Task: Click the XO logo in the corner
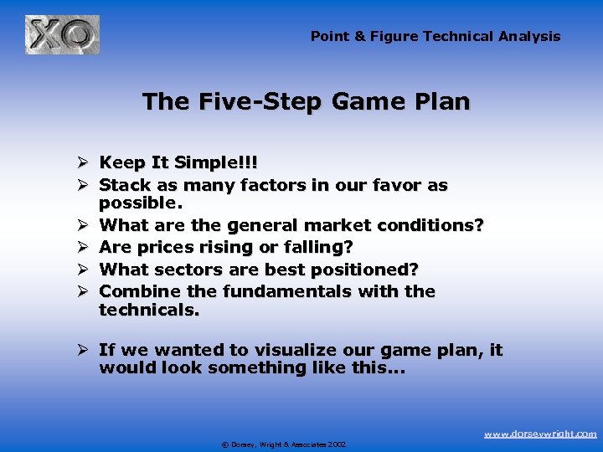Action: pyautogui.click(x=62, y=35)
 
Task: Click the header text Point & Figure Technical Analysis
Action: pyautogui.click(x=435, y=36)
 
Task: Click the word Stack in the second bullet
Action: pyautogui.click(x=123, y=184)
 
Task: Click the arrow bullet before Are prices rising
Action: pyautogui.click(x=80, y=248)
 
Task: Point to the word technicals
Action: pyautogui.click(x=149, y=310)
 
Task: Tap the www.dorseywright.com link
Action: pyautogui.click(x=540, y=434)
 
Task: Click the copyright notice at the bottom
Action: pyautogui.click(x=283, y=444)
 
